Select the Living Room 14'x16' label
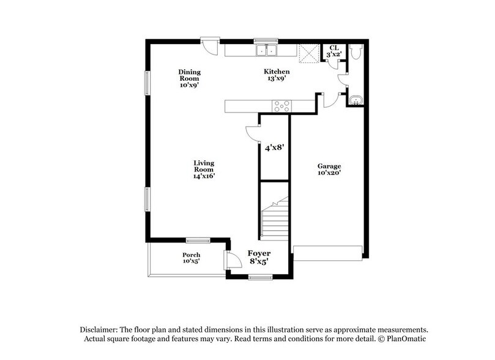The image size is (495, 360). coord(204,170)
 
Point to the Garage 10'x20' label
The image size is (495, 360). coord(329,169)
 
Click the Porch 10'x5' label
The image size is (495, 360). coord(191,258)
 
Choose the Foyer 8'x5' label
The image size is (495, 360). coord(259,257)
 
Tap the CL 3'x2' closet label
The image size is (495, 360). coord(334,51)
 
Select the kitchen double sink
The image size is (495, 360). coord(266,50)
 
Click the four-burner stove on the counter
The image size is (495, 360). coord(282,106)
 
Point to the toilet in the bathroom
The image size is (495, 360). coord(355,52)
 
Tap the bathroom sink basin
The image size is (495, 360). coord(355,100)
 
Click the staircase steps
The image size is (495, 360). coord(275,218)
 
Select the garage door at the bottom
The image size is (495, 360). coord(328,253)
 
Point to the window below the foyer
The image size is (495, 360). coord(260,277)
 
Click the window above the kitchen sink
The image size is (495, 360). coord(266,41)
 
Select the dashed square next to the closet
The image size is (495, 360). coord(309,53)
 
